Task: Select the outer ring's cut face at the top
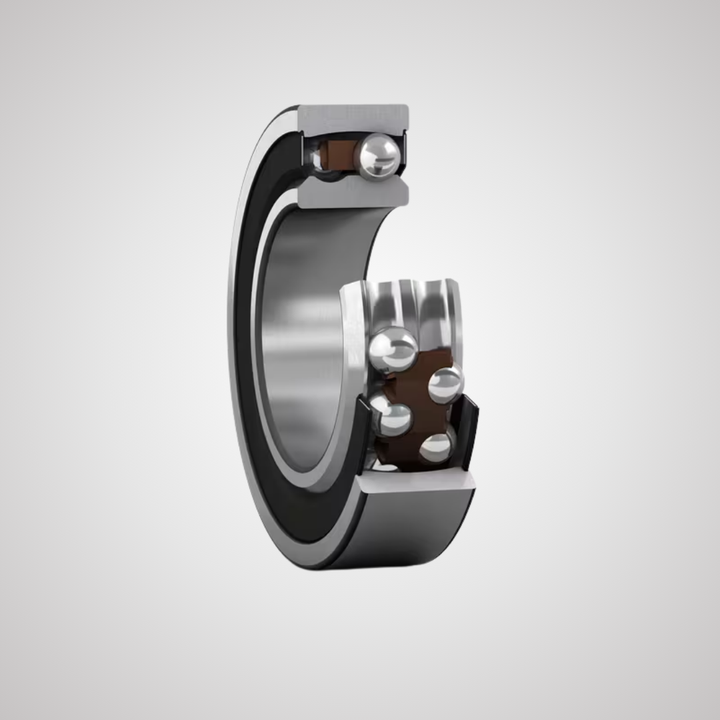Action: point(352,117)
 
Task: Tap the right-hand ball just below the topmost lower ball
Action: point(445,384)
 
